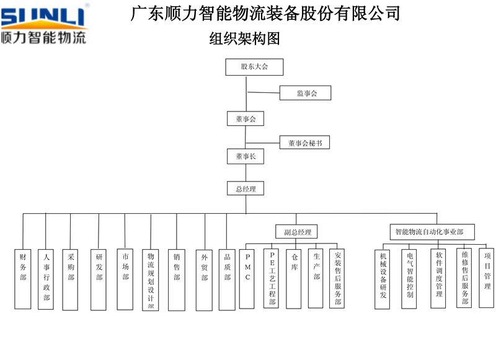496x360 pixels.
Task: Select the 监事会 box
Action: [x=306, y=93]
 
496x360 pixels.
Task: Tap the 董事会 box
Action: [x=246, y=119]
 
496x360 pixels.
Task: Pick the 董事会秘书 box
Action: [x=304, y=143]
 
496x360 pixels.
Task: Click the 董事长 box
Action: [x=246, y=157]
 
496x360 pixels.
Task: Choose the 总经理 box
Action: [x=246, y=188]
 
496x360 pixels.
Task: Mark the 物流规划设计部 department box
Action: [x=151, y=279]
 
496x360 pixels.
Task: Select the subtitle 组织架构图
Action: [x=246, y=39]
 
